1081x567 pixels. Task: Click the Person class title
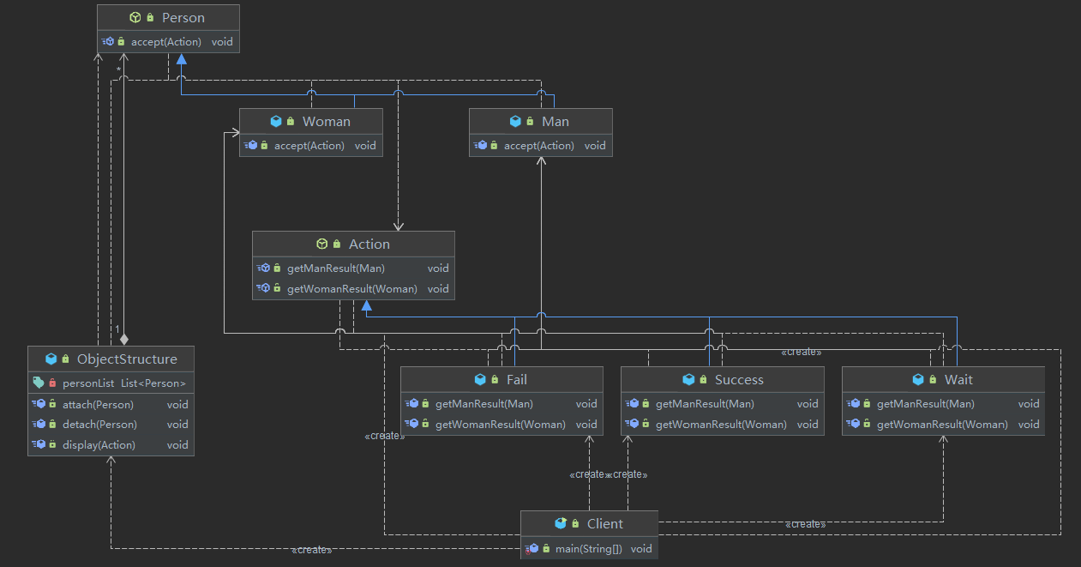tap(183, 18)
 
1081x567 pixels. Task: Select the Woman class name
tap(327, 121)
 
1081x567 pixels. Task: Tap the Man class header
tap(555, 121)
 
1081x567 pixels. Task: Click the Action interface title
tap(369, 244)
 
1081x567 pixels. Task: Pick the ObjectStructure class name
tap(127, 359)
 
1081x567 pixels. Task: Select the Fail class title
tap(516, 380)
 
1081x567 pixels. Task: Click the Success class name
tap(739, 380)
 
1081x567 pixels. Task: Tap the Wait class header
tap(958, 380)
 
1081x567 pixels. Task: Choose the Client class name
tap(604, 523)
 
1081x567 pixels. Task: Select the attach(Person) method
tap(98, 404)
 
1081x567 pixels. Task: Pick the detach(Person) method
tap(100, 424)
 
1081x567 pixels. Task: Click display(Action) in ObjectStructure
tap(99, 445)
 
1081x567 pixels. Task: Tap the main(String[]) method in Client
tap(589, 549)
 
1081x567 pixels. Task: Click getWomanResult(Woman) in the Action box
tap(352, 289)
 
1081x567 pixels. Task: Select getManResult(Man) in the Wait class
tap(926, 404)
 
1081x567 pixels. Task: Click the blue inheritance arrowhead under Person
tap(182, 59)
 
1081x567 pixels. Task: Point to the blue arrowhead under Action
tap(367, 305)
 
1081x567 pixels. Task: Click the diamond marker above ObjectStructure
tap(124, 340)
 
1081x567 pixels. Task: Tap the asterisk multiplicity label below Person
tap(118, 70)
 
